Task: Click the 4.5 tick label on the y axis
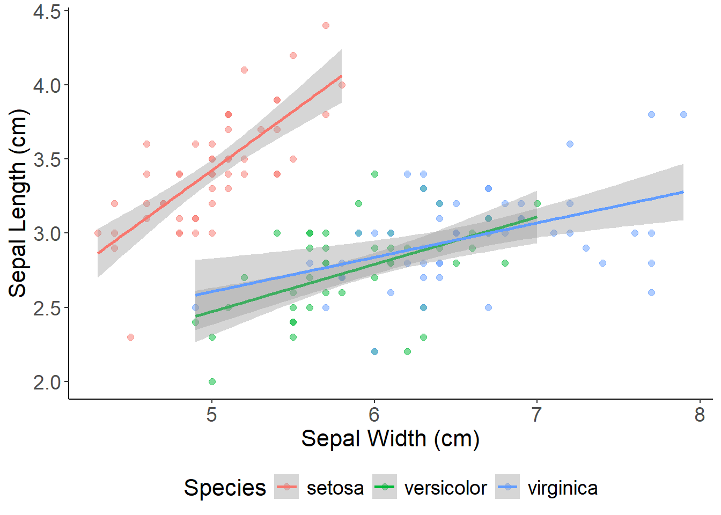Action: coord(47,11)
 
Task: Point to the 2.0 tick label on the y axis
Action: coord(47,382)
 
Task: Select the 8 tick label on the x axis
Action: coord(700,415)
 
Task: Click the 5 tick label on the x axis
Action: coord(212,415)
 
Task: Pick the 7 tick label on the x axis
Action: coord(536,415)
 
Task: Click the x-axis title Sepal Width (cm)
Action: coord(390,439)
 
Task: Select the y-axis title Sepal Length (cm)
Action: coord(18,203)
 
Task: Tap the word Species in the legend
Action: coord(225,488)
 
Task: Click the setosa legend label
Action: coord(335,488)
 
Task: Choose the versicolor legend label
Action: coord(445,488)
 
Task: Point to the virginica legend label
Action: coord(562,488)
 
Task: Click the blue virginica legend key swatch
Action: coord(507,487)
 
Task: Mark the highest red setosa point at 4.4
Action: coord(326,25)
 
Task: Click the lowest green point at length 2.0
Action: coord(212,381)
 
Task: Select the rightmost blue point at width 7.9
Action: coord(683,114)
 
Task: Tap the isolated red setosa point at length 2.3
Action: coord(130,337)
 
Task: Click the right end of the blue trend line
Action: coord(683,192)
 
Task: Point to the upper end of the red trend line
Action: coord(341,76)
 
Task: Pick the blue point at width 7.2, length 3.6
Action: coord(570,144)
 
